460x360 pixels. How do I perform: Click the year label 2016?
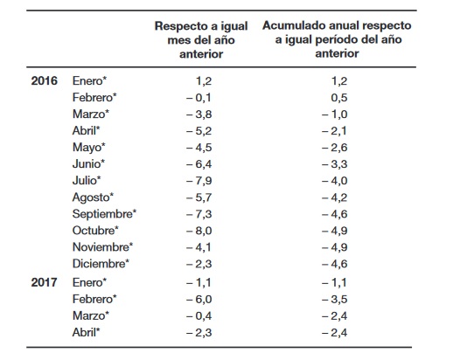[45, 81]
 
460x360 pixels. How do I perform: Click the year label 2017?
[45, 282]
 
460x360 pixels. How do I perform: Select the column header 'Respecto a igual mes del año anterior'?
[201, 40]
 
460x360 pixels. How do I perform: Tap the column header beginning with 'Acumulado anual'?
[337, 39]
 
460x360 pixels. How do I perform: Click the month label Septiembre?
[104, 214]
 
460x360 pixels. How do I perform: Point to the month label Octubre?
[95, 231]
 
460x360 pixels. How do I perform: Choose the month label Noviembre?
[102, 247]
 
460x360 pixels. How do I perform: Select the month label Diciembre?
[101, 264]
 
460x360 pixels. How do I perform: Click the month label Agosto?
[93, 197]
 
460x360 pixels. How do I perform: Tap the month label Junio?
[88, 164]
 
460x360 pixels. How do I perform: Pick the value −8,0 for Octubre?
[199, 231]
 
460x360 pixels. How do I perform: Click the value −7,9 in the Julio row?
[199, 181]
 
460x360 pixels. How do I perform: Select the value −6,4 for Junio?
[199, 164]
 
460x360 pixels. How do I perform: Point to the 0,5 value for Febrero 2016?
[339, 98]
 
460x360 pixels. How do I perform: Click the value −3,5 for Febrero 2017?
[334, 300]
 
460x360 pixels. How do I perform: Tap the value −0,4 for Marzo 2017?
[199, 316]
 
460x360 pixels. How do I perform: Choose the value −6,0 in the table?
[199, 300]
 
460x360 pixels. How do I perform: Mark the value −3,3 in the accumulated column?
[334, 164]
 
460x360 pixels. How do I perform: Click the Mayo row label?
[89, 148]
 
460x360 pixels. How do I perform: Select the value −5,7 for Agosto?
[199, 197]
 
